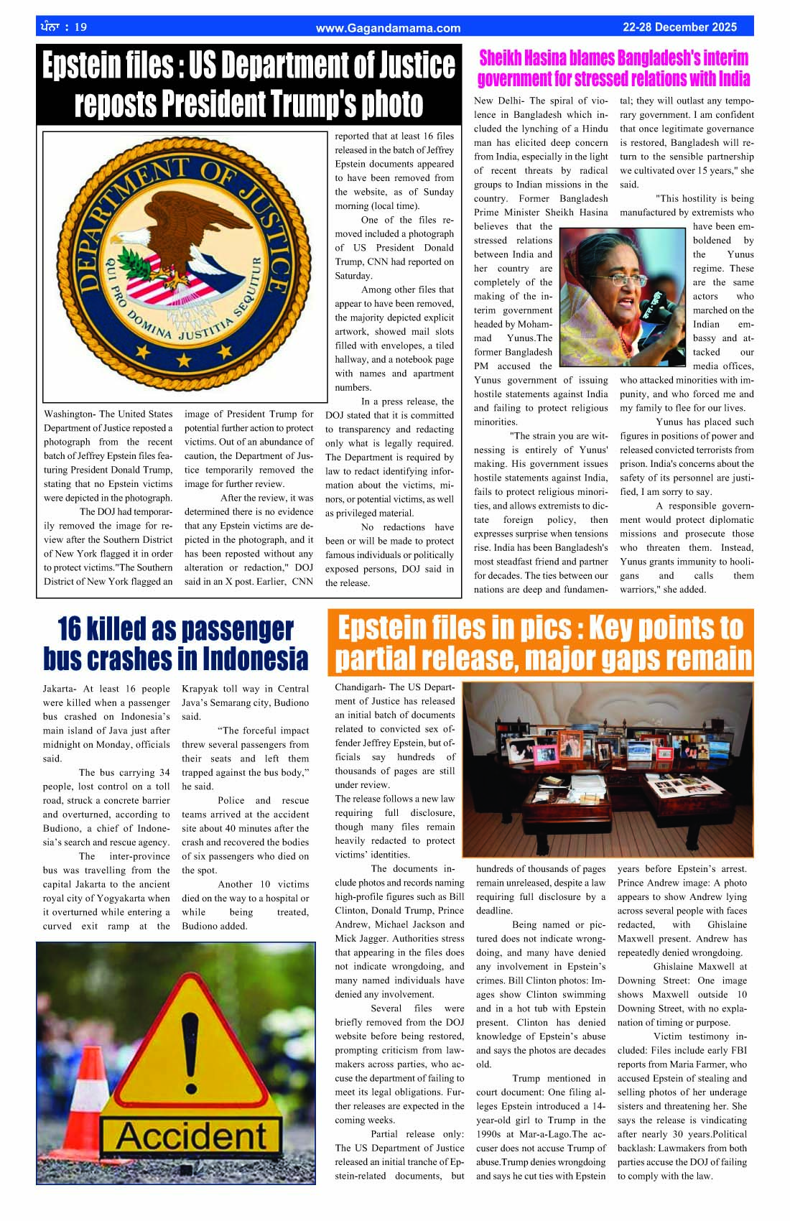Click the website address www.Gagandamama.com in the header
point(388,28)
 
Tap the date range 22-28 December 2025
point(679,27)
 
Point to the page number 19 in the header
point(80,27)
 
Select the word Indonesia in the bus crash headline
point(255,658)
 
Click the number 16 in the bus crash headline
point(69,628)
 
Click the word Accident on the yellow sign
point(191,1137)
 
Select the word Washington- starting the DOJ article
point(69,414)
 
